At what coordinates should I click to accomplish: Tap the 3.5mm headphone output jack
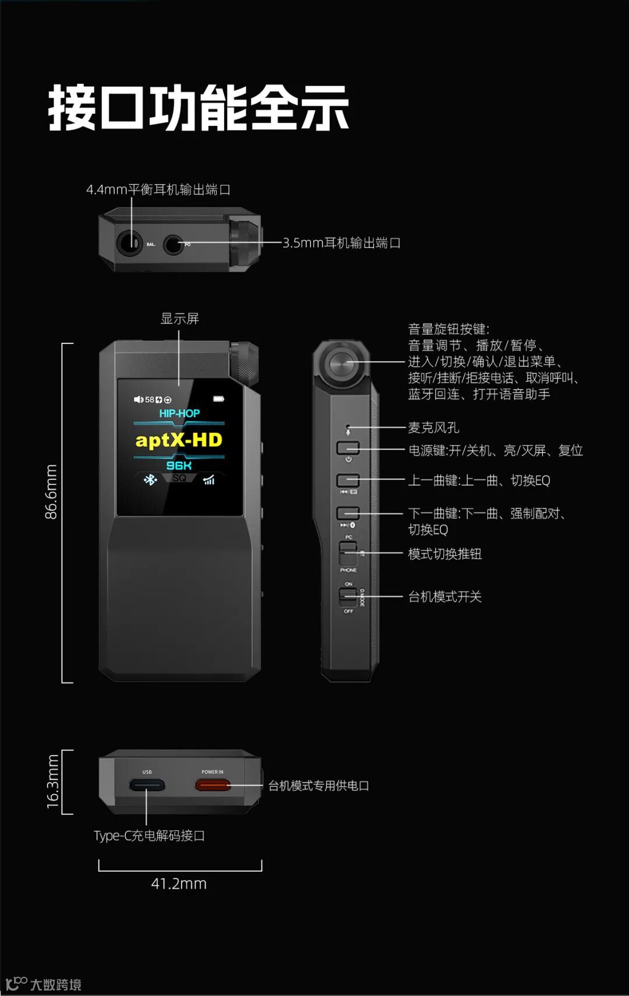(172, 244)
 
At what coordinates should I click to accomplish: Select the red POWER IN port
(213, 785)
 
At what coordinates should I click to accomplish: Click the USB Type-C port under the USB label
(147, 785)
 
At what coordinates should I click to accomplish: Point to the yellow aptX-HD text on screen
(179, 440)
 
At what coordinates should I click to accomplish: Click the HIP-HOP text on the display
(179, 413)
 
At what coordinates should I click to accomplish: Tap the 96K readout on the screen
(179, 465)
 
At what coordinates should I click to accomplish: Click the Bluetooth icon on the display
(151, 480)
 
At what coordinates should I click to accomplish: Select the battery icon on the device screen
(218, 399)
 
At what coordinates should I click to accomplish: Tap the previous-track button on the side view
(348, 480)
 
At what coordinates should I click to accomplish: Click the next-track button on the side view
(348, 513)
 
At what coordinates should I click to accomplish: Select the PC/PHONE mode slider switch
(348, 552)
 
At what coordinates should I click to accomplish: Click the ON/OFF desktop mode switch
(348, 596)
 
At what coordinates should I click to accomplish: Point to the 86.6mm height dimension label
(51, 491)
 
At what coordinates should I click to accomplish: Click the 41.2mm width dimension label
(179, 883)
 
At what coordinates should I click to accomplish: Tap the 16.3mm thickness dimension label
(52, 781)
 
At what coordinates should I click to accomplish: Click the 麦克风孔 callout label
(433, 427)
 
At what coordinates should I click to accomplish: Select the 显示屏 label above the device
(179, 318)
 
